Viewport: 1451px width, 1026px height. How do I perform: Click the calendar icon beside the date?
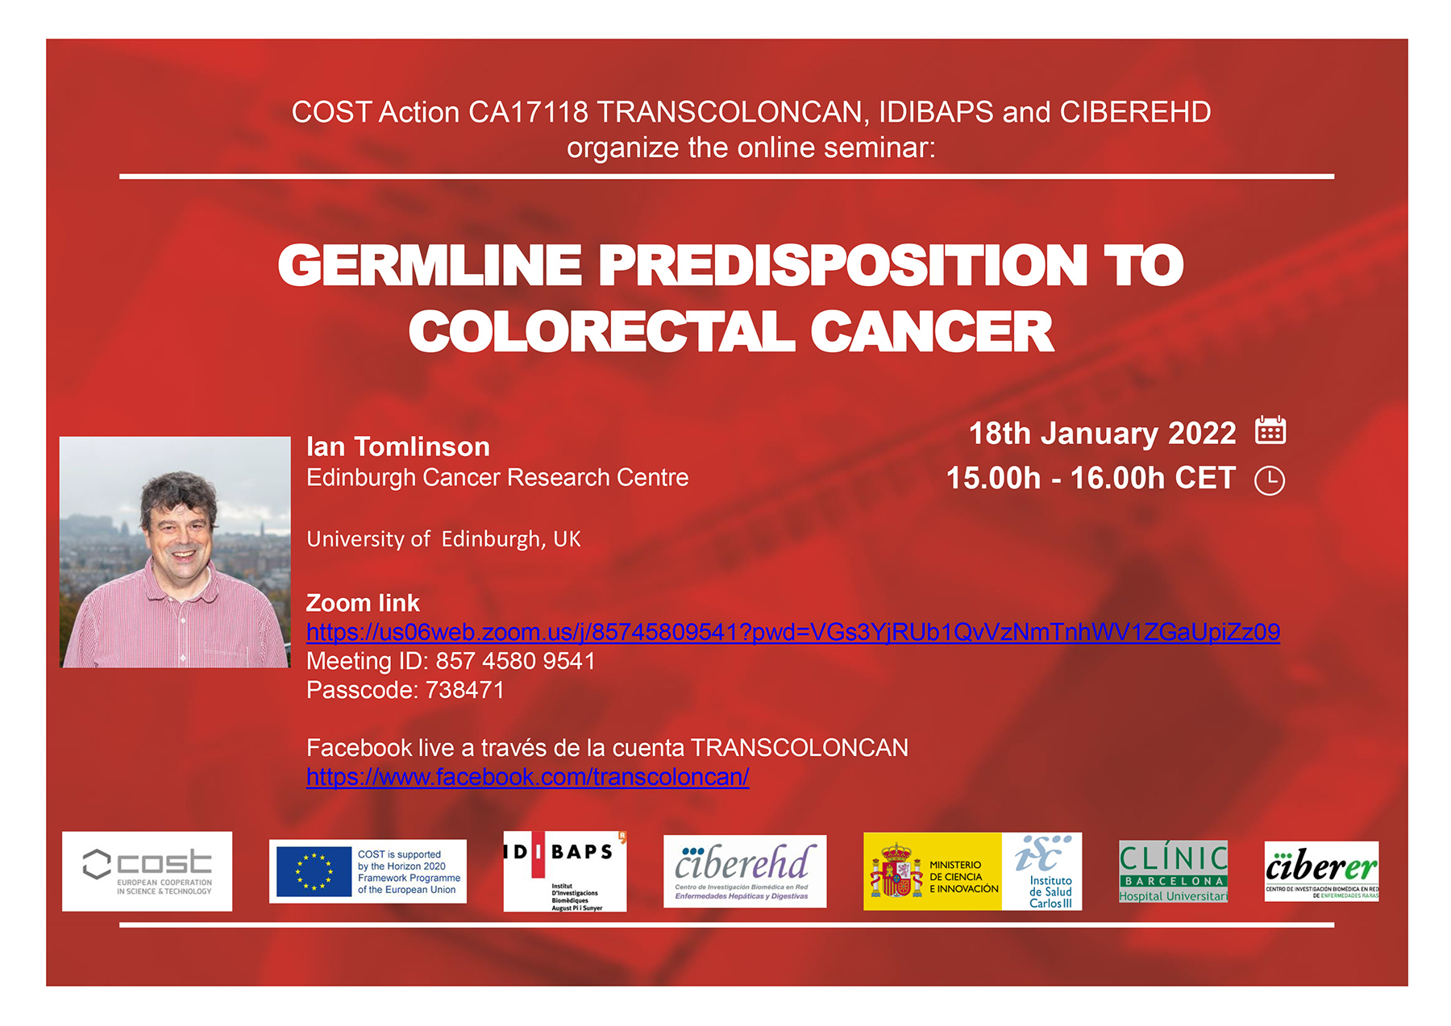pyautogui.click(x=1270, y=430)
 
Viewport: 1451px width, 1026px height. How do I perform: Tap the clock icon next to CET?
pyautogui.click(x=1270, y=480)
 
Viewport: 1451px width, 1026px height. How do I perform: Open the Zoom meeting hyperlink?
pyautogui.click(x=793, y=632)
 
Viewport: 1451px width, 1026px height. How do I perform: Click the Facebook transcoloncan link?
pyautogui.click(x=528, y=777)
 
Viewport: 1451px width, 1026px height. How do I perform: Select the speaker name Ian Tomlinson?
pyautogui.click(x=398, y=447)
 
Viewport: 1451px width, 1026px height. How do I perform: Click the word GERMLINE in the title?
pyautogui.click(x=430, y=265)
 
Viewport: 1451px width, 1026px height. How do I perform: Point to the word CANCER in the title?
pyautogui.click(x=932, y=331)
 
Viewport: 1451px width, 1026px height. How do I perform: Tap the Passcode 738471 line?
pyautogui.click(x=405, y=690)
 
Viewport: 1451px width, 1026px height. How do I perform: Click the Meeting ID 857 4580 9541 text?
pyautogui.click(x=451, y=661)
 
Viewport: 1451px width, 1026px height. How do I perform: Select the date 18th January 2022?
pyautogui.click(x=1102, y=434)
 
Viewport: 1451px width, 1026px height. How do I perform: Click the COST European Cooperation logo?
pyautogui.click(x=148, y=871)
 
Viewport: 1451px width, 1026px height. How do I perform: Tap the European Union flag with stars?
pyautogui.click(x=314, y=871)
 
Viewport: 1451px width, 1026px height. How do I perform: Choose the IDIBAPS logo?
pyautogui.click(x=565, y=871)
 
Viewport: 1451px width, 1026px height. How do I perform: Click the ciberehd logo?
pyautogui.click(x=745, y=871)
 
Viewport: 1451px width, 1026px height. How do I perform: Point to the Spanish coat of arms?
pyautogui.click(x=895, y=871)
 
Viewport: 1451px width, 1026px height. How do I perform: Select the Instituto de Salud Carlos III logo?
pyautogui.click(x=1042, y=871)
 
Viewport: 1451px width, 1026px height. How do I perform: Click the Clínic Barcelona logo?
pyautogui.click(x=1174, y=871)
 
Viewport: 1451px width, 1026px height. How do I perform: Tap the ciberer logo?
pyautogui.click(x=1322, y=871)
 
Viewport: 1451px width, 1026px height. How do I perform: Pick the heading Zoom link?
pyautogui.click(x=363, y=603)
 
